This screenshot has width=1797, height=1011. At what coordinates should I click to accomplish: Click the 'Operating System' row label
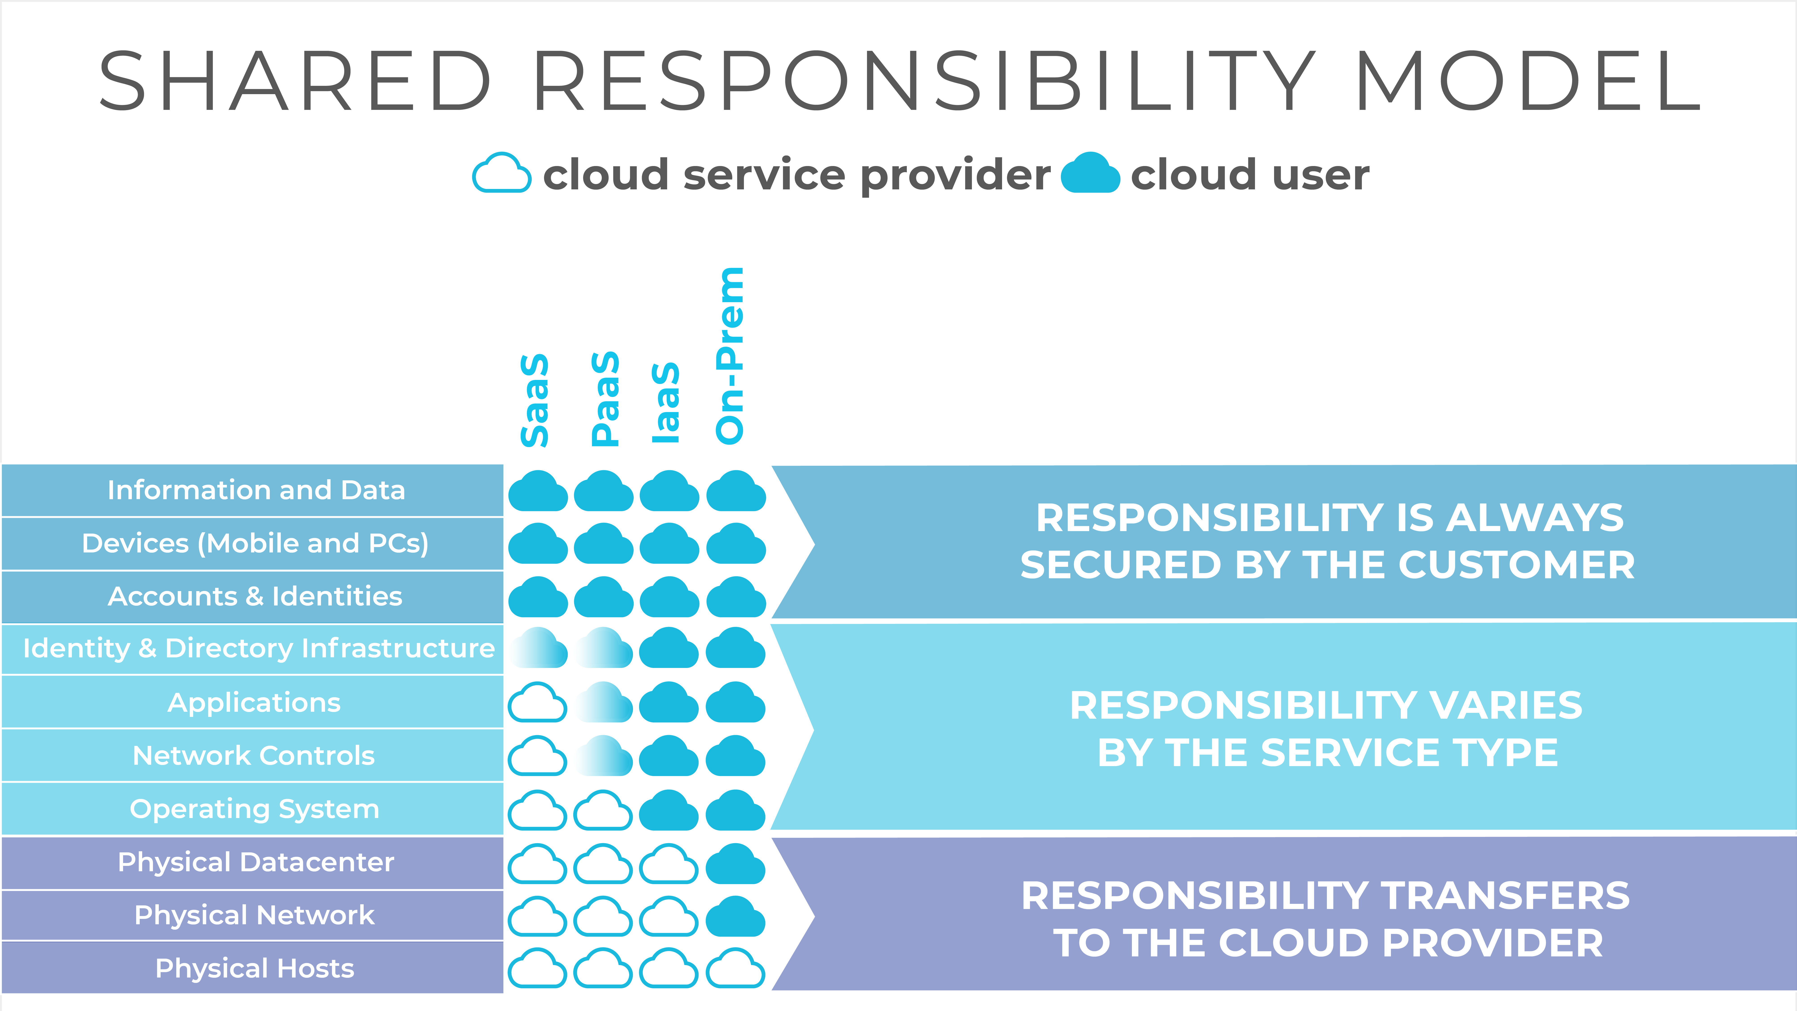[255, 809]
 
